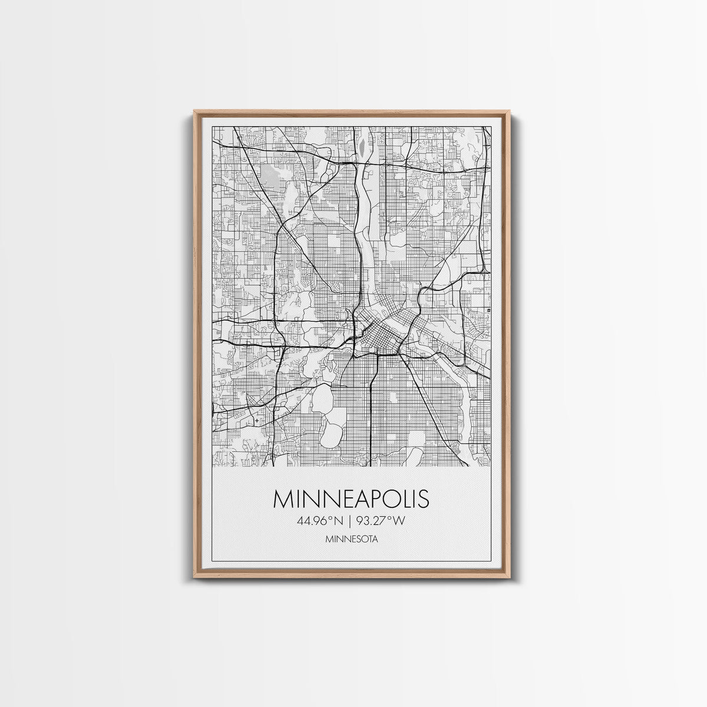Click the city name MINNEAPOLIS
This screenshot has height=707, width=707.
click(x=351, y=498)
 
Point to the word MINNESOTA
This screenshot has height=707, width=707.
click(x=351, y=538)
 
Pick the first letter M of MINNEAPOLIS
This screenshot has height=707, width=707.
click(x=283, y=498)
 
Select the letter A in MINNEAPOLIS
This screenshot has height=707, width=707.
click(x=359, y=498)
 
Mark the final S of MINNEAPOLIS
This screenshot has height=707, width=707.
click(x=423, y=498)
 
